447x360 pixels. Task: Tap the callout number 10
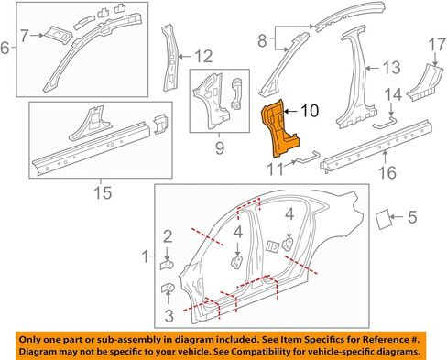pos(310,111)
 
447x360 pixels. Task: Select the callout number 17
pos(437,45)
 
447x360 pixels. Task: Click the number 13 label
pos(391,68)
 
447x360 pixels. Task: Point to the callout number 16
pos(387,172)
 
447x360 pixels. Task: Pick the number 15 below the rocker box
pos(103,192)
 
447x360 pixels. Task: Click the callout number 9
pos(220,148)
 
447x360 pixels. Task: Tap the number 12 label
pos(203,57)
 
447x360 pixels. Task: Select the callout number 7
pos(25,36)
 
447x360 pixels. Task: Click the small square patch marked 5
pos(383,219)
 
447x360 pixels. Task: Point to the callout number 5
pos(412,217)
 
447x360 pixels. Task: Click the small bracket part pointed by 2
pos(167,264)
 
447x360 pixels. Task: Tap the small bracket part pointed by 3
pos(167,289)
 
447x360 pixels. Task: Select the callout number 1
pos(146,256)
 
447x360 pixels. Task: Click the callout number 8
pos(262,40)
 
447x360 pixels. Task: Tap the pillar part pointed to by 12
pos(170,58)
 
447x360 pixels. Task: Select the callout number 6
pos(5,48)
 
